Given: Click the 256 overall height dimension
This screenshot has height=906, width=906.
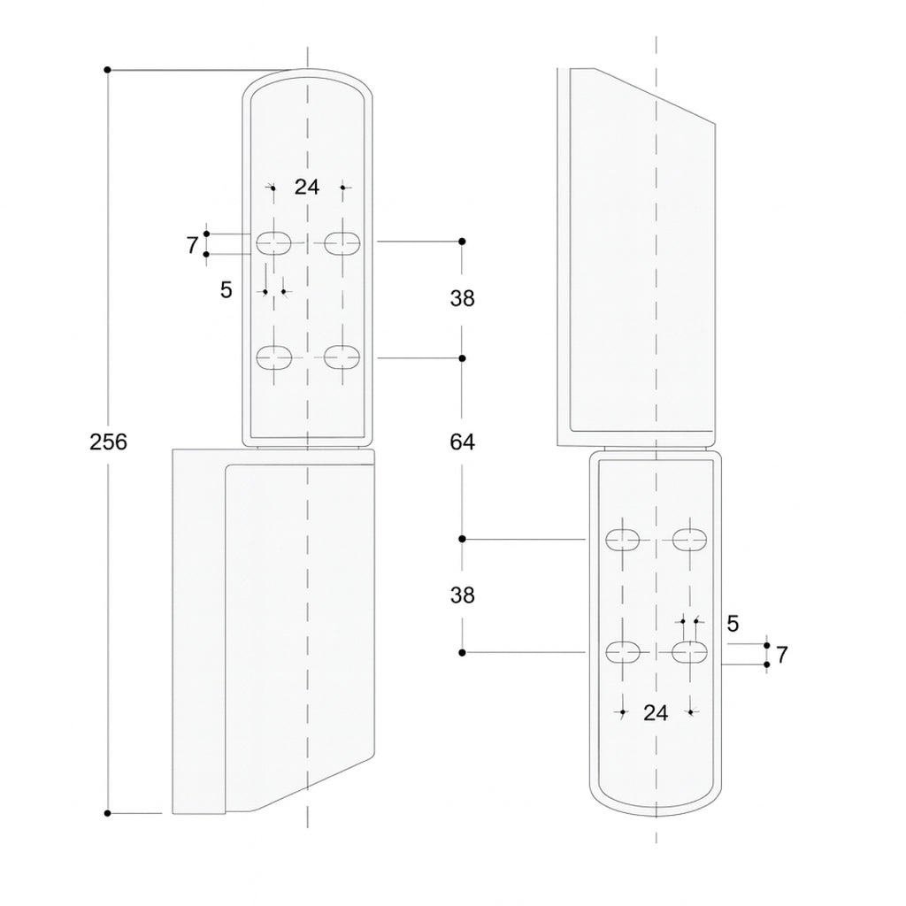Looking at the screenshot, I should (109, 441).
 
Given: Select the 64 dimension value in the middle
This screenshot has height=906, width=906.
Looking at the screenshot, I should (462, 441).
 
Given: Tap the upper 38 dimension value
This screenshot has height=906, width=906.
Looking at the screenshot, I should (462, 299).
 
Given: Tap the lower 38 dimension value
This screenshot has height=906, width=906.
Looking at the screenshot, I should (462, 595).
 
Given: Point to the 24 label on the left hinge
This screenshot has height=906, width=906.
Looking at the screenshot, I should (307, 187).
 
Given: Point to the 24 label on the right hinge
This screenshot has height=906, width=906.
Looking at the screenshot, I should (656, 712).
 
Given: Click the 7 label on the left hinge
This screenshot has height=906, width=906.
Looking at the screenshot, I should (192, 246).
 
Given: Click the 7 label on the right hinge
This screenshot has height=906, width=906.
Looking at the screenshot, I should (781, 656).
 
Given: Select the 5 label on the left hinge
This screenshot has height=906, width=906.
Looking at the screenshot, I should (226, 289).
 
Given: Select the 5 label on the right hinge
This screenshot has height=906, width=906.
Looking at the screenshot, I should (733, 624).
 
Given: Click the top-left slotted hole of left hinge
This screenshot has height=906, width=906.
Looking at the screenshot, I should (274, 242).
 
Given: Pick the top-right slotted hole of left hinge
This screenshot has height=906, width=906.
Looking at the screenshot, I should (342, 242).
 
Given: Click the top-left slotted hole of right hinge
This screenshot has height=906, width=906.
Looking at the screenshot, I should (623, 539).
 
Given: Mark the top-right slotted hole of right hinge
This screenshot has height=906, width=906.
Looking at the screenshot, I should (690, 539).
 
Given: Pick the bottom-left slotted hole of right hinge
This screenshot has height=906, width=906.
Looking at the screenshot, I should (623, 652).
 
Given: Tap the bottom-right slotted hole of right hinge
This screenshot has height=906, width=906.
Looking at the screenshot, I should (690, 652).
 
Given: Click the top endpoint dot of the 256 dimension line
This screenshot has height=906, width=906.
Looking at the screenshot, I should (107, 69).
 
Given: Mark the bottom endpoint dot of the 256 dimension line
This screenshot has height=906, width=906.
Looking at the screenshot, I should (107, 812).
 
